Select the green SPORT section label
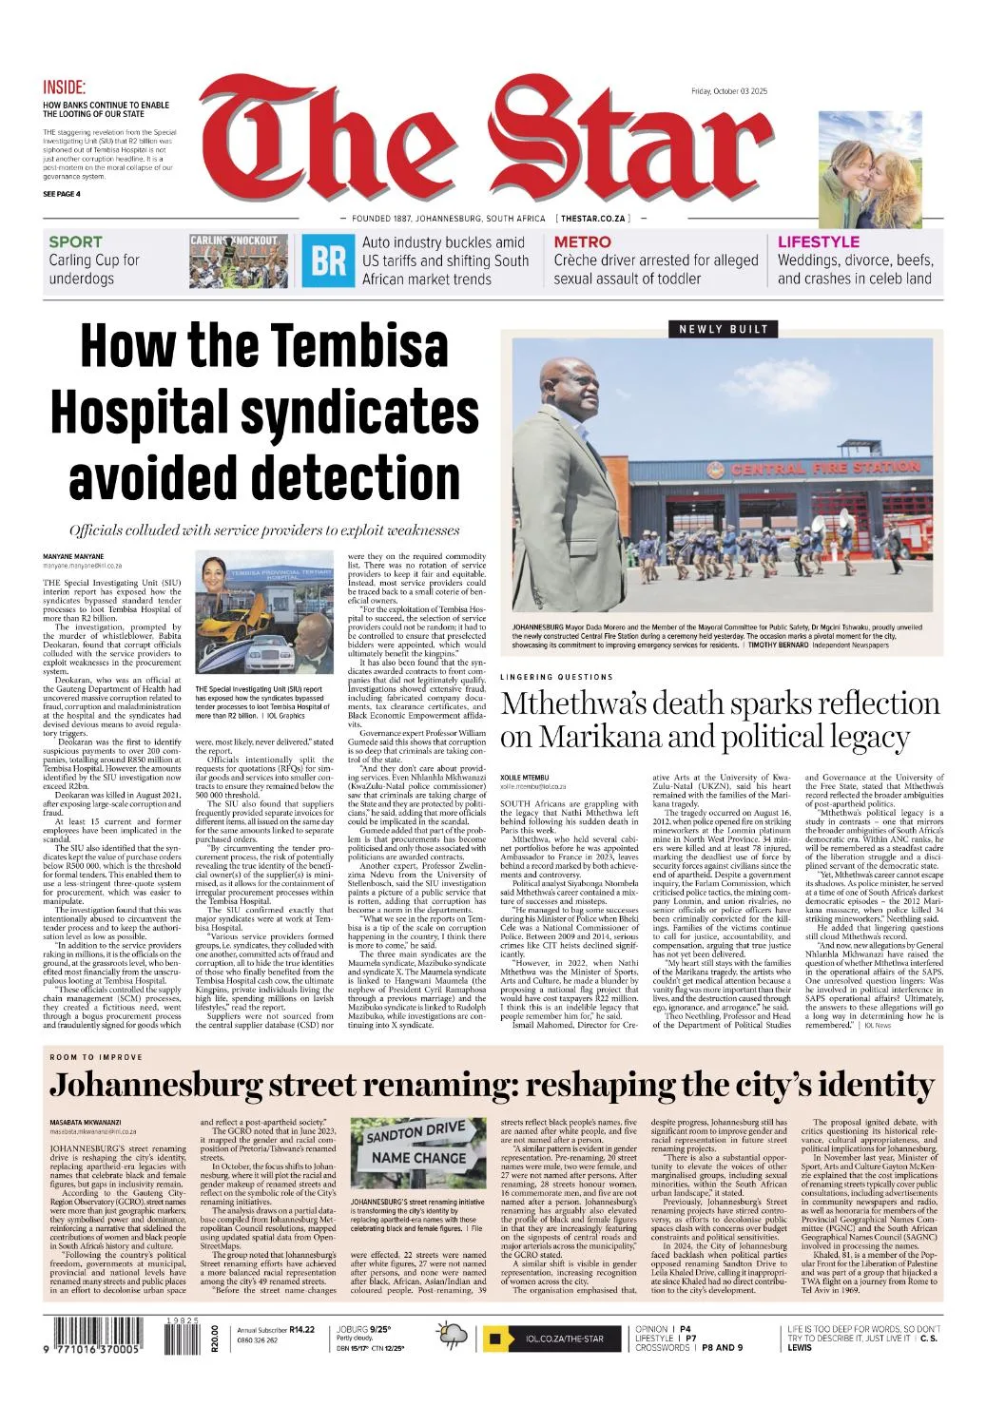[75, 242]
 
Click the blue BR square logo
[329, 260]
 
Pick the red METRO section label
[582, 242]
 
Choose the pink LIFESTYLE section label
[818, 242]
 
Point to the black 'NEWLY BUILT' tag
[724, 329]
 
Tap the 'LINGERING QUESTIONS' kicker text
[556, 677]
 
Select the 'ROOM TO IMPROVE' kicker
[96, 1057]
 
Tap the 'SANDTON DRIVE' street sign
[416, 1134]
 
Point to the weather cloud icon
[451, 1337]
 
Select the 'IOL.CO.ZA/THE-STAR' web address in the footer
[565, 1339]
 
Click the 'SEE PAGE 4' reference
[62, 194]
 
